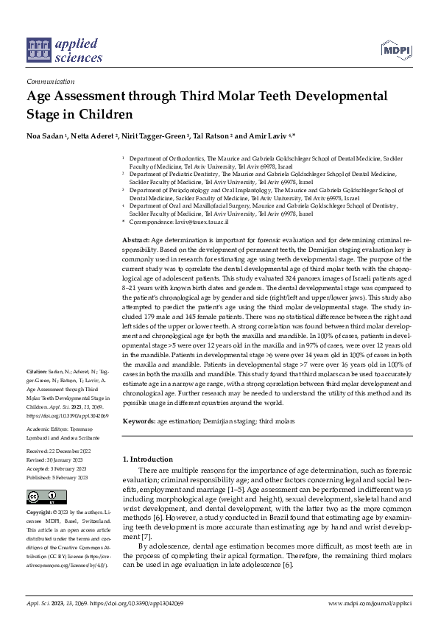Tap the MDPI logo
[395, 50]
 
